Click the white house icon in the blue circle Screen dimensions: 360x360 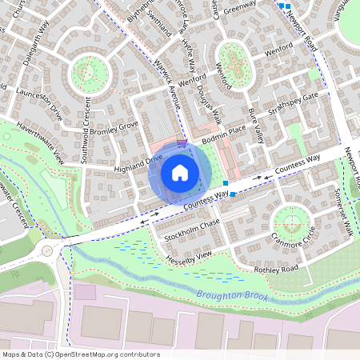pos(179,172)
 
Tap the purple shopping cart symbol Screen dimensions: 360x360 pos(182,143)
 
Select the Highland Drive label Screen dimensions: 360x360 pos(138,163)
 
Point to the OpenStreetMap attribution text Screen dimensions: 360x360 pos(70,354)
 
